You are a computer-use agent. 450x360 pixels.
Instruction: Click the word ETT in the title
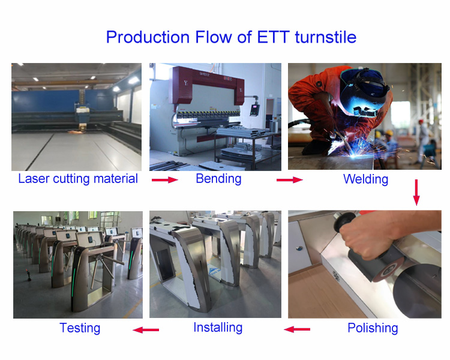point(273,37)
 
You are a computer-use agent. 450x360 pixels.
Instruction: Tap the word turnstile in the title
point(325,37)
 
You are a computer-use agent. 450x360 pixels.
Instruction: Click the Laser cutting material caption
point(78,179)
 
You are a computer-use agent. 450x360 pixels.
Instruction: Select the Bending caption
point(218,179)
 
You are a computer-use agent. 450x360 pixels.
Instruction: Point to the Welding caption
point(365,179)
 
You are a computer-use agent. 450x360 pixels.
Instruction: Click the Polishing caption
point(373,328)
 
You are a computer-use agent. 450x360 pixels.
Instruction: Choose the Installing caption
point(218,328)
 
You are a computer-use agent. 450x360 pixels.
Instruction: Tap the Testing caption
point(80,328)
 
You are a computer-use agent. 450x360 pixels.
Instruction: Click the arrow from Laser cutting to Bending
point(165,180)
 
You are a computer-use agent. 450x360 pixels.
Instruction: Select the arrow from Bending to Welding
point(290,180)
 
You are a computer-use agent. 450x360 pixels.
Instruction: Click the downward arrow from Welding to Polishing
point(416,193)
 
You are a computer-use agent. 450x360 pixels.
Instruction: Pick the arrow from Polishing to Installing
point(297,329)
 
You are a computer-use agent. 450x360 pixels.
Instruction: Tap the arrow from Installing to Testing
point(146,330)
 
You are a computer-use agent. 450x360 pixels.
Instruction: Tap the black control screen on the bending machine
point(254,110)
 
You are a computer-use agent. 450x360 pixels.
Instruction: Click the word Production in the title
point(148,37)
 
